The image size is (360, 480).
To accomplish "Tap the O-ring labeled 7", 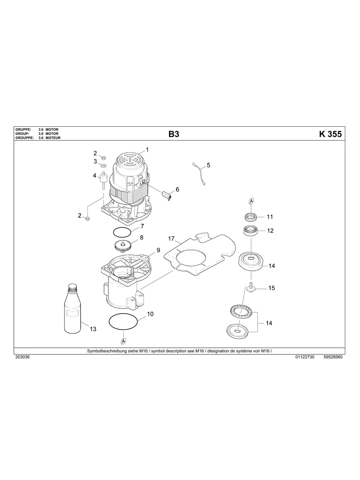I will click(121, 231).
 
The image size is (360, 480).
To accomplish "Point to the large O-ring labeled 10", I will click(124, 321).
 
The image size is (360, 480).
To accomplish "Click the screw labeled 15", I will click(251, 286).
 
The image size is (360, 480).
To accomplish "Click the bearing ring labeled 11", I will click(251, 217).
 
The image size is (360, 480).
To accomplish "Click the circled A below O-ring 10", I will click(124, 341).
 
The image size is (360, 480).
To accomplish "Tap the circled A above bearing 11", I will click(251, 201).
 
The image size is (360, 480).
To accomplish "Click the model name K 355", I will click(330, 134).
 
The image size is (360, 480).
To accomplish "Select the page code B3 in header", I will click(174, 134).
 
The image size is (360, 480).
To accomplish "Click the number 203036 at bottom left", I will click(22, 357).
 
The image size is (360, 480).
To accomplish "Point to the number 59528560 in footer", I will click(333, 357).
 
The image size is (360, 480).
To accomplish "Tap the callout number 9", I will click(158, 250).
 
